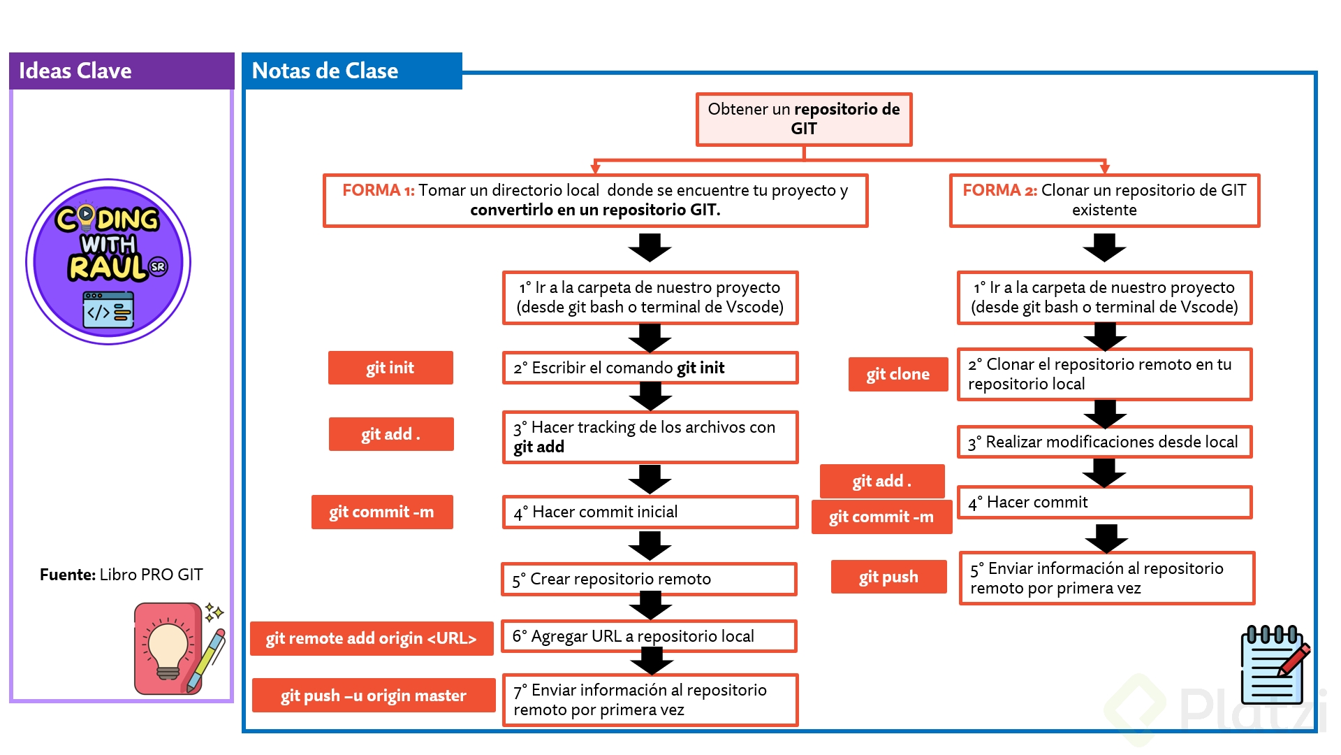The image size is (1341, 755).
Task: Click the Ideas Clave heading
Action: click(75, 71)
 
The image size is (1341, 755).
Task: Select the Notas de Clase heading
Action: click(325, 71)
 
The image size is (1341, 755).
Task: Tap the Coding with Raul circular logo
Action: click(108, 261)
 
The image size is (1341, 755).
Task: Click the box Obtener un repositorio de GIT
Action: click(804, 119)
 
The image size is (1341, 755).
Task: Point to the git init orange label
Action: click(390, 368)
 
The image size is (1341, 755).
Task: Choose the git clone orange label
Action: click(898, 374)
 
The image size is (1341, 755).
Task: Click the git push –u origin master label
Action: click(374, 696)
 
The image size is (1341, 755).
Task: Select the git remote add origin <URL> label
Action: click(372, 638)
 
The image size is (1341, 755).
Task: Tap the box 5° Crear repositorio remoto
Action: click(649, 579)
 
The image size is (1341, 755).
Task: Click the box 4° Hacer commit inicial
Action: click(650, 512)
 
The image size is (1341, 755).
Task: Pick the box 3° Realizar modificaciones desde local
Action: click(1104, 442)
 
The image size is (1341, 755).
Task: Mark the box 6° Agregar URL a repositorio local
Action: click(649, 636)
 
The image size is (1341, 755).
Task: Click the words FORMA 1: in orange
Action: click(378, 190)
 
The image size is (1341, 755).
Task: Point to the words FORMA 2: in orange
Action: click(999, 190)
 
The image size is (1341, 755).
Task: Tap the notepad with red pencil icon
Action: click(1275, 665)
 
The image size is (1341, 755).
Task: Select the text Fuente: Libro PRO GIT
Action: click(122, 575)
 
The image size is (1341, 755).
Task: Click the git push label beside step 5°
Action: click(888, 577)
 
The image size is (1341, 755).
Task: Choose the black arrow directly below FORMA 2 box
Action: click(1104, 247)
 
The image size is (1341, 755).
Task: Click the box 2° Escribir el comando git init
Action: click(650, 368)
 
